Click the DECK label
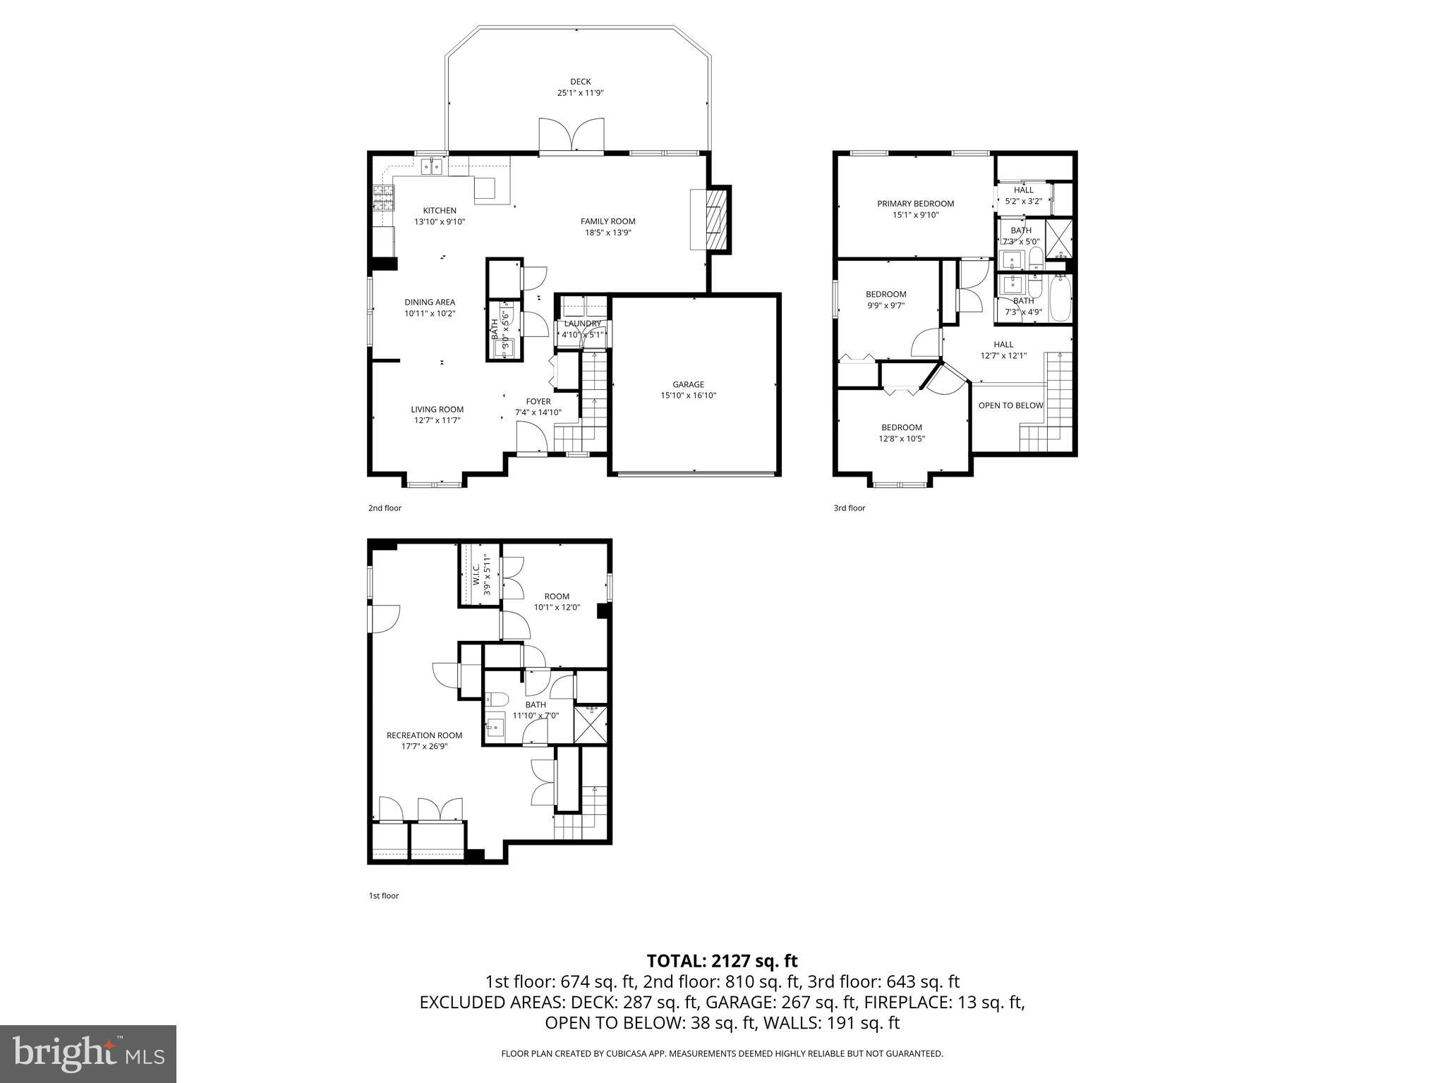coord(580,82)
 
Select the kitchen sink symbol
coord(431,167)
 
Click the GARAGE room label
coord(688,384)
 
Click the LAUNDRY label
coord(582,324)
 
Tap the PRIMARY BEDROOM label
coord(915,204)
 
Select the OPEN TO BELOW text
coord(1010,405)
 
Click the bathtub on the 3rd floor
coord(1059,298)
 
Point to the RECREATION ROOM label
coord(424,735)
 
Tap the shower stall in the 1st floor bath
coord(591,723)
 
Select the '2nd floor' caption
coord(385,508)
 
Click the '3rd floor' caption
coord(849,508)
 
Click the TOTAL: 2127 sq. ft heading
coord(722,960)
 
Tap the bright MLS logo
coord(88,1053)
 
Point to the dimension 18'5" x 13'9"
coord(607,233)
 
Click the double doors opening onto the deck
coord(571,136)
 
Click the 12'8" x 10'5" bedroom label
coord(901,439)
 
